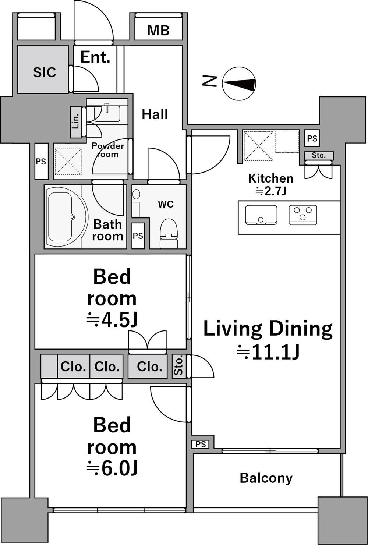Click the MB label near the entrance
click(158, 31)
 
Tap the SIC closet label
click(45, 72)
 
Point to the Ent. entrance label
click(95, 57)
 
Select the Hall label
click(155, 114)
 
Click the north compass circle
click(239, 84)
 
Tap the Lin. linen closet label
click(76, 122)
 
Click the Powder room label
click(108, 150)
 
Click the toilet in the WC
click(169, 233)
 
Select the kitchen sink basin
click(261, 215)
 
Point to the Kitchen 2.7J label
click(270, 185)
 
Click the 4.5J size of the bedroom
click(112, 321)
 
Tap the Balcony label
click(266, 478)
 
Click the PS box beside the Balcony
click(201, 444)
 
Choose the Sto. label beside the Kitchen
click(319, 155)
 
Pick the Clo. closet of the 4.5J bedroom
click(148, 367)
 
